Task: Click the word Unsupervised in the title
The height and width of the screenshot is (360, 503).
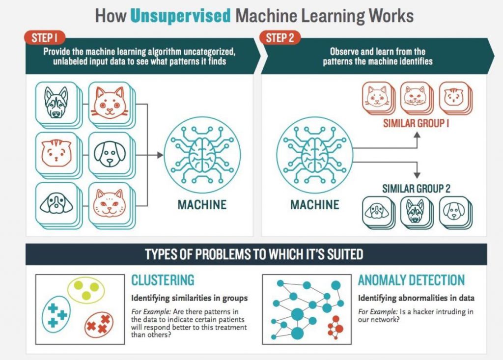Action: tap(180, 16)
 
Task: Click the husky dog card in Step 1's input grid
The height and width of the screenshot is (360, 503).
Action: tap(56, 102)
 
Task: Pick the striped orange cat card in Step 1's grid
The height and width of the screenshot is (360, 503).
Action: tap(56, 153)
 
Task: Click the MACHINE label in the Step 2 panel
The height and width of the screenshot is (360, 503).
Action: tap(315, 204)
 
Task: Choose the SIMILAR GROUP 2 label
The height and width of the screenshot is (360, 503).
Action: tap(417, 188)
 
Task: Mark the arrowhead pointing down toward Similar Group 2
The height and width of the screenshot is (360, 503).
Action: tap(417, 175)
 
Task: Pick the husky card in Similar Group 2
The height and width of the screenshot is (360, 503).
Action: tap(417, 212)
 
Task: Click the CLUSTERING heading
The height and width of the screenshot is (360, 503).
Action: tap(163, 280)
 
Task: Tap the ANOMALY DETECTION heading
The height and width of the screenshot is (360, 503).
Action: tap(411, 280)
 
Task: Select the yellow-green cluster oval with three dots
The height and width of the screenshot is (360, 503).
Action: tap(86, 290)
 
